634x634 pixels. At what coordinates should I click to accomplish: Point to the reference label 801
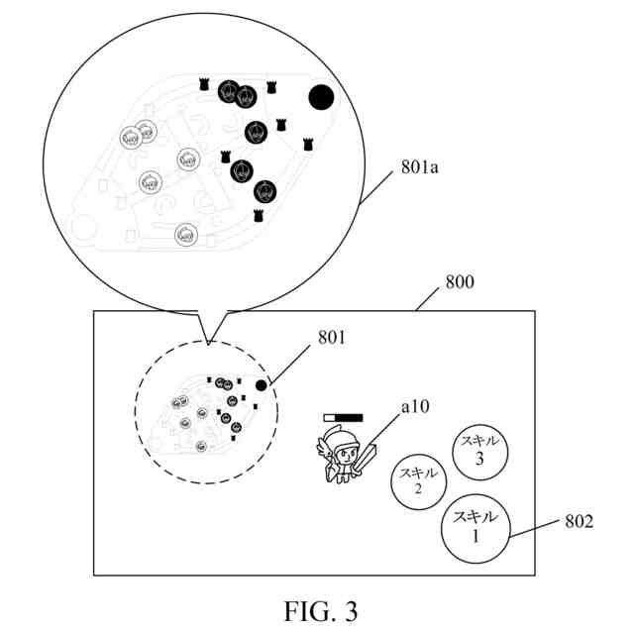point(333,338)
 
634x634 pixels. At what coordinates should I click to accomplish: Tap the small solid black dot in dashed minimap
point(261,385)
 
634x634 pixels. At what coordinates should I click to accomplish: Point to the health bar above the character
point(343,419)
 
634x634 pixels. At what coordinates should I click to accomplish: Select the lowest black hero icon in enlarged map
point(264,191)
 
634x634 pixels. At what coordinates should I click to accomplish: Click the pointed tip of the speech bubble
point(209,343)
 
